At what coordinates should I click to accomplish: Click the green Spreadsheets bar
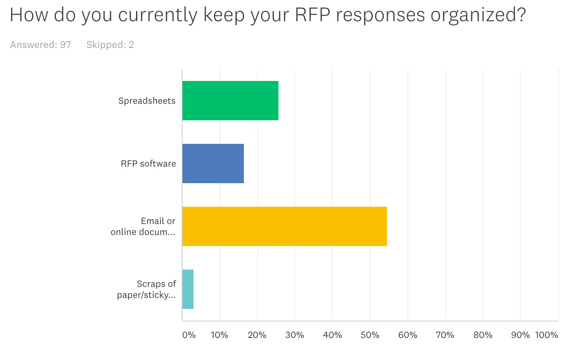point(230,101)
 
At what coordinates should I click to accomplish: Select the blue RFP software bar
point(213,163)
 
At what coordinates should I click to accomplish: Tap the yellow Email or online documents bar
point(284,226)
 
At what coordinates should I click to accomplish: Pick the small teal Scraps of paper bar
point(188,289)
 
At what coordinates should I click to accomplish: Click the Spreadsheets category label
point(147,101)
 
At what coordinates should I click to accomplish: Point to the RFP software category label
point(148,164)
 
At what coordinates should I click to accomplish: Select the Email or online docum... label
point(143,227)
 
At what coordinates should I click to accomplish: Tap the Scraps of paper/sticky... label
point(146,290)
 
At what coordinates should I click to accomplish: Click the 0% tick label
point(189,335)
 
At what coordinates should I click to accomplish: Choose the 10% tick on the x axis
point(219,335)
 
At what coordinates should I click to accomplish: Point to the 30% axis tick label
point(295,335)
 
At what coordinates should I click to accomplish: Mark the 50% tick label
point(370,335)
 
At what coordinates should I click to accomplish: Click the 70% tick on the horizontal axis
point(445,335)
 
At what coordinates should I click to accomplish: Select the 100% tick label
point(546,335)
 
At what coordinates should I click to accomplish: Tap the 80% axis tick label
point(483,335)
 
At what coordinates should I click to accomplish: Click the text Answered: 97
point(41,45)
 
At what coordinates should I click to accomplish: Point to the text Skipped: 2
point(110,45)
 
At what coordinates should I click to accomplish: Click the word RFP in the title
point(312,15)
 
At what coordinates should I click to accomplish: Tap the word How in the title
point(29,15)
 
